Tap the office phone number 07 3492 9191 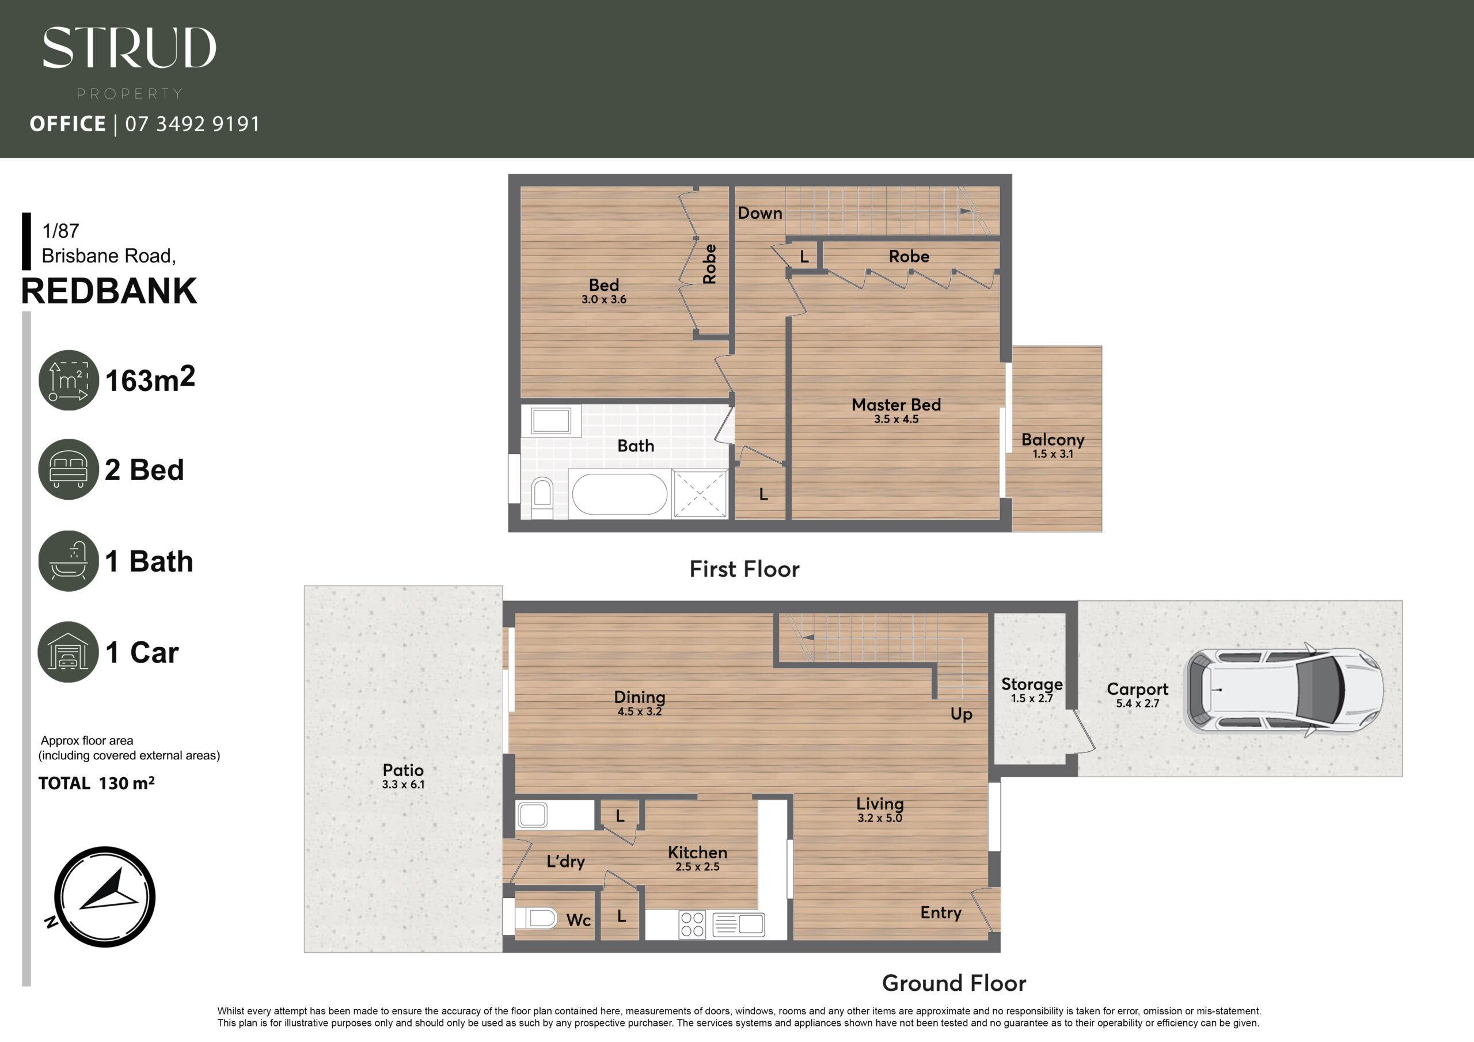point(192,124)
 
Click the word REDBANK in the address point(109,291)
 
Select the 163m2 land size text point(150,379)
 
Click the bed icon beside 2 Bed point(69,469)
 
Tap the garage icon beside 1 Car point(68,652)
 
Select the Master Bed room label point(896,405)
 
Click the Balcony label point(1053,440)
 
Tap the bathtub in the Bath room point(620,494)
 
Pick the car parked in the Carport point(1283,690)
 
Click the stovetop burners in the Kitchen point(692,924)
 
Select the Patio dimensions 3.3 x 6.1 point(403,784)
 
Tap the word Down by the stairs point(760,213)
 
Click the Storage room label point(1032,684)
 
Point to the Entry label point(940,913)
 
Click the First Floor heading point(744,569)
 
